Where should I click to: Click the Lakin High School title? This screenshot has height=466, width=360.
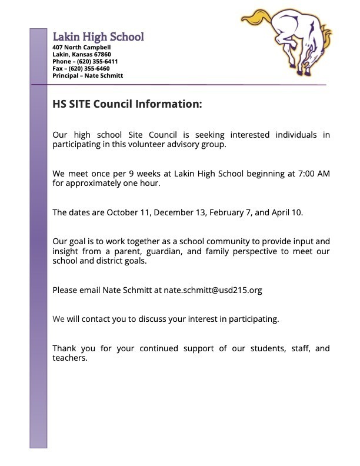coord(98,36)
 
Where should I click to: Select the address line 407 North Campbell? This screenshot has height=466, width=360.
coord(82,47)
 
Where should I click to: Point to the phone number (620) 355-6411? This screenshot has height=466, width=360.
coord(97,61)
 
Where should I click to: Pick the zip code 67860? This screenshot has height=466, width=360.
coord(101,54)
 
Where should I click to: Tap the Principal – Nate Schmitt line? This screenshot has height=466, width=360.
coord(88,75)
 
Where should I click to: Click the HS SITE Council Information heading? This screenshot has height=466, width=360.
coord(127,104)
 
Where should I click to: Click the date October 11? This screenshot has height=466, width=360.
coord(123,212)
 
